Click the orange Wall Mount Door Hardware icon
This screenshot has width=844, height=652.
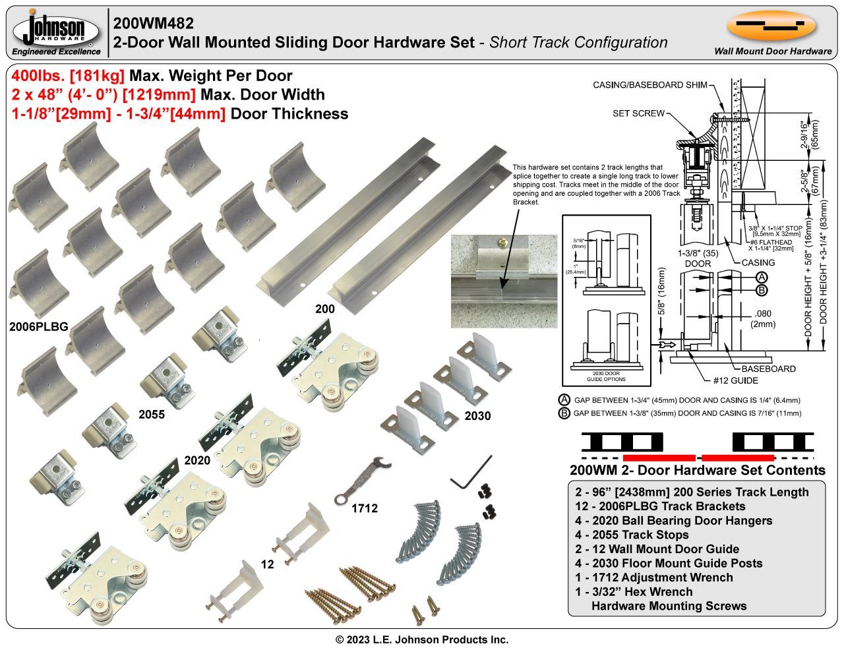tap(771, 26)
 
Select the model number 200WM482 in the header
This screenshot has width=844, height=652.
tap(154, 23)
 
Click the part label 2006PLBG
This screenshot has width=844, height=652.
tap(38, 326)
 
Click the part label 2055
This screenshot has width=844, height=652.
tap(152, 415)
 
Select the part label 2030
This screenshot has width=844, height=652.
tap(477, 416)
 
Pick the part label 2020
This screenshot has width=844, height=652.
tap(197, 459)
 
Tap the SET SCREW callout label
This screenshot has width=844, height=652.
tap(638, 113)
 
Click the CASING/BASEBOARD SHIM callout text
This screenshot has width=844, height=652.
tap(650, 85)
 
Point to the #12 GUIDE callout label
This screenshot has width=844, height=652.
tap(735, 380)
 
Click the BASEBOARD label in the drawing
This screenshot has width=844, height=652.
tap(768, 369)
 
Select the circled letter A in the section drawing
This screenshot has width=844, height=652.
tap(762, 278)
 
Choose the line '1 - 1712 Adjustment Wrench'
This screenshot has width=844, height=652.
tap(653, 578)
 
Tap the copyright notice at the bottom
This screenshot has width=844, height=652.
tap(422, 639)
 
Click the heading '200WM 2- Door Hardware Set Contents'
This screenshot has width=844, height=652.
tap(697, 470)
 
